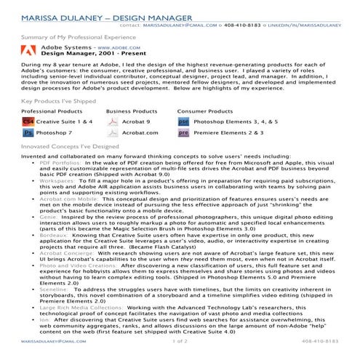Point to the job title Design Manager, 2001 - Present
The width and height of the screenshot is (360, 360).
point(81,53)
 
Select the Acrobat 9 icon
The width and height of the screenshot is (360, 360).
point(113,123)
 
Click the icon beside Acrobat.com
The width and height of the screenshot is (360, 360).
point(113,134)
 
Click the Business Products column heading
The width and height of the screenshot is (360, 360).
point(132,112)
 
